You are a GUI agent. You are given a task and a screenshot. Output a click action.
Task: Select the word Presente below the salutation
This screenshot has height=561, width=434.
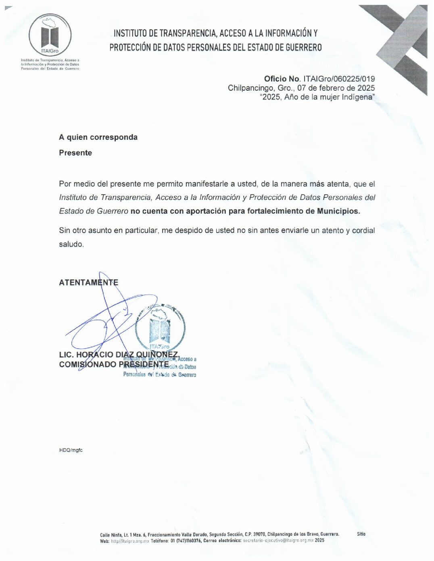pyautogui.click(x=75, y=153)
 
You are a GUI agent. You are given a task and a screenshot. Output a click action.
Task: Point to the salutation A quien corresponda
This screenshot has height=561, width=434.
pyautogui.click(x=98, y=137)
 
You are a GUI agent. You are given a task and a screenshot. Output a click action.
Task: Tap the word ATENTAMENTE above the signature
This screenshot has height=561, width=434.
pyautogui.click(x=88, y=283)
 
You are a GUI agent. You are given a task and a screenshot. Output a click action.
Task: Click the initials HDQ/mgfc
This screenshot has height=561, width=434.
pyautogui.click(x=71, y=450)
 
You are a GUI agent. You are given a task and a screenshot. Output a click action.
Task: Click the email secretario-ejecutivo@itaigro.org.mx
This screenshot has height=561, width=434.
pyautogui.click(x=278, y=540)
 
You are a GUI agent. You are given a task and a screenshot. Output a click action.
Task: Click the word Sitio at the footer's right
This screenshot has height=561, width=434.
pyautogui.click(x=361, y=534)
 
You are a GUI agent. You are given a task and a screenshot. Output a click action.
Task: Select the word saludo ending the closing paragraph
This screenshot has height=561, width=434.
pyautogui.click(x=71, y=244)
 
